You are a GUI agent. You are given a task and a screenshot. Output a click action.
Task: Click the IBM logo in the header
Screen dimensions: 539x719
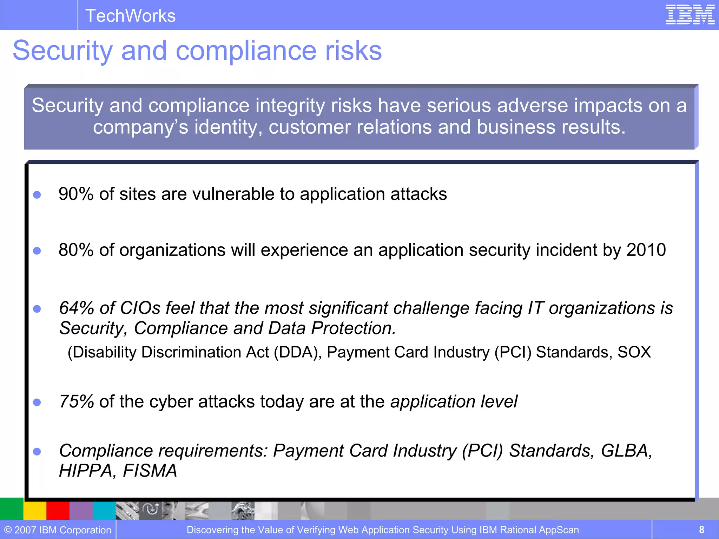[690, 15]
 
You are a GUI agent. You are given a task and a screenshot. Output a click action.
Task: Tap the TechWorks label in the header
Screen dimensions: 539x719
[130, 16]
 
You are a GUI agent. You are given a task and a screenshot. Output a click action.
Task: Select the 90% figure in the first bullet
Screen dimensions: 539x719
[76, 194]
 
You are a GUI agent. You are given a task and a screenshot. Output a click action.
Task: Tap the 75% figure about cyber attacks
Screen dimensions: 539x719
[76, 401]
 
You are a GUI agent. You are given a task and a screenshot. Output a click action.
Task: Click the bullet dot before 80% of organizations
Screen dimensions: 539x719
[37, 251]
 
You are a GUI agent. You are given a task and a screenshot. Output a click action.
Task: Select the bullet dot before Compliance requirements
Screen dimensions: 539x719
[37, 451]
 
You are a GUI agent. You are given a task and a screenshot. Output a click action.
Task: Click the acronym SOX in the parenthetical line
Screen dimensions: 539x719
[634, 352]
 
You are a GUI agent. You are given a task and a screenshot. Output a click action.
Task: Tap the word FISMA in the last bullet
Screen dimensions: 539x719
[150, 471]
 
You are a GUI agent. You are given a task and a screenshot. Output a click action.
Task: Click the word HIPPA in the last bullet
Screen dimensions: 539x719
[85, 471]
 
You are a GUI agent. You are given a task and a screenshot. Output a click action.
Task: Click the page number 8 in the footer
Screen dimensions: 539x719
[701, 530]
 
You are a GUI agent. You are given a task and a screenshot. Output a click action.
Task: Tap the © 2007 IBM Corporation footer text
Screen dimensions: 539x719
[58, 530]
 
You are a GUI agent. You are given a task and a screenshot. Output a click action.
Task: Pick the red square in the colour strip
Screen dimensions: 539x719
[58, 511]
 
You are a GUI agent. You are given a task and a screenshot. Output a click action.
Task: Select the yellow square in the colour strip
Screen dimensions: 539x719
[35, 511]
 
